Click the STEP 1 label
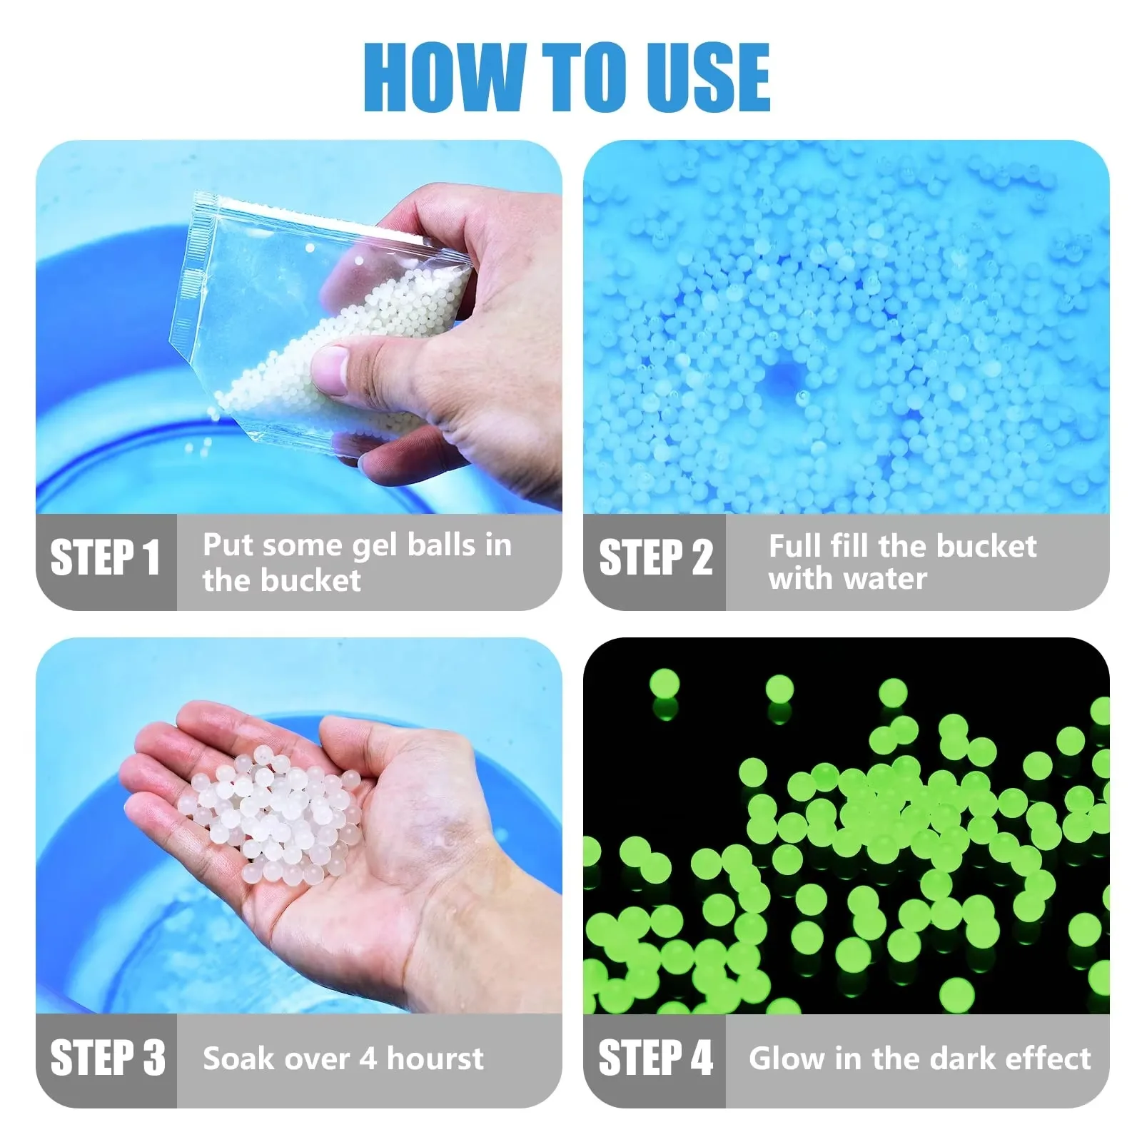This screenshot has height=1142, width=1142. coord(105,557)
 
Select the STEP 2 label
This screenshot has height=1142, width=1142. coord(655,557)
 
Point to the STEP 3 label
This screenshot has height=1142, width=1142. coord(107,1057)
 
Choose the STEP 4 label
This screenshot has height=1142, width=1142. coord(655,1057)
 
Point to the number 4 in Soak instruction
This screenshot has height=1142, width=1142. coord(368,1058)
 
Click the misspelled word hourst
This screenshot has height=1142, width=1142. coord(435,1057)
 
